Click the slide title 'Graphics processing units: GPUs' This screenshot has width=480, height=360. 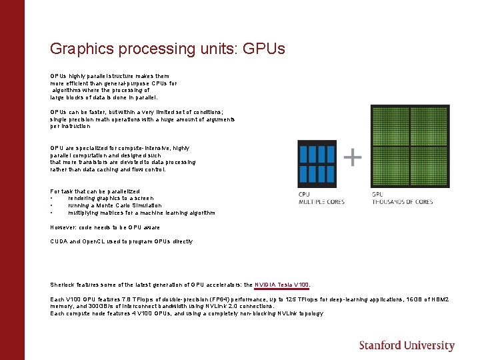pyautogui.click(x=167, y=49)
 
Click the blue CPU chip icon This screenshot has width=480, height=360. pyautogui.click(x=317, y=163)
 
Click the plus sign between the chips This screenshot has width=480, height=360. pyautogui.click(x=352, y=157)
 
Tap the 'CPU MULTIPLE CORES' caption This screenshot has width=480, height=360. pyautogui.click(x=321, y=198)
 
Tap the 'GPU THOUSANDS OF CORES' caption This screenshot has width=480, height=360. pyautogui.click(x=402, y=198)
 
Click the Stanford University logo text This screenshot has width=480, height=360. pyautogui.click(x=407, y=345)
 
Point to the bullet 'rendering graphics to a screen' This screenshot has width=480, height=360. pyautogui.click(x=111, y=198)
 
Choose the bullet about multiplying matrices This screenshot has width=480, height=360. pyautogui.click(x=141, y=213)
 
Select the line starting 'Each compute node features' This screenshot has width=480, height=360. pyautogui.click(x=187, y=313)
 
